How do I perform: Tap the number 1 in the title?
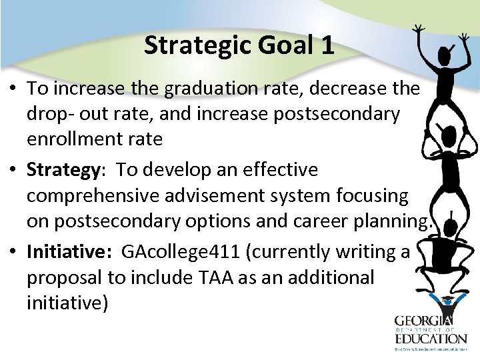click(327, 45)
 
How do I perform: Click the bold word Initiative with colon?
click(69, 252)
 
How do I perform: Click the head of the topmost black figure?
click(444, 54)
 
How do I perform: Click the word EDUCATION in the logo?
click(431, 338)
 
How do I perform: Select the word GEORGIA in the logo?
click(424, 321)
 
